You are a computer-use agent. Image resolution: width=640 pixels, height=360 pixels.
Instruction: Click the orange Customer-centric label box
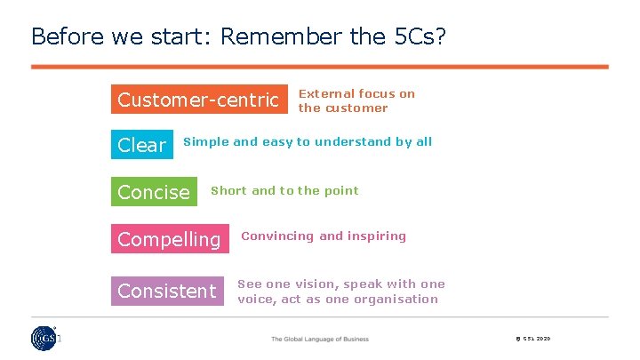(x=200, y=100)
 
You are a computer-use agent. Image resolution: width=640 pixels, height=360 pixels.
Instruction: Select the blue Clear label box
(x=141, y=145)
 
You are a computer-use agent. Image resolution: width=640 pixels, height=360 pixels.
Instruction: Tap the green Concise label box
(x=154, y=192)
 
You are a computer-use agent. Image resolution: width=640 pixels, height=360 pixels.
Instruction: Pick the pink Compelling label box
(x=169, y=239)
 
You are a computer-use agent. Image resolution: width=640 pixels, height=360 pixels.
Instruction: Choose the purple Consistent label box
(x=167, y=291)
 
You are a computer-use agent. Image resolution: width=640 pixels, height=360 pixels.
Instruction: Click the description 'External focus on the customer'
(x=356, y=100)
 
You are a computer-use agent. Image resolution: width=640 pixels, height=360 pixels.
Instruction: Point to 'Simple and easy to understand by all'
(x=307, y=141)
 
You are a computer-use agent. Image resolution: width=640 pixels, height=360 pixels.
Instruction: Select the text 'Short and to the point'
(x=284, y=190)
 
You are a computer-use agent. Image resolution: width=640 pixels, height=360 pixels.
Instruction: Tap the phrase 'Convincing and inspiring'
(x=324, y=236)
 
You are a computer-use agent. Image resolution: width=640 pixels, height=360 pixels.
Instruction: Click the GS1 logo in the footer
(x=44, y=339)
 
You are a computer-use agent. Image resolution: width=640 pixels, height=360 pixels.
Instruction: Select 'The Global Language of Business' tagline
(x=320, y=339)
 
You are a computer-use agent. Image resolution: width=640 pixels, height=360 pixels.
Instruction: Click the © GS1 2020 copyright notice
(x=532, y=339)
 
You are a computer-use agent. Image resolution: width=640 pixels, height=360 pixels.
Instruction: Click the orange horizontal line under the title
(x=320, y=67)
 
